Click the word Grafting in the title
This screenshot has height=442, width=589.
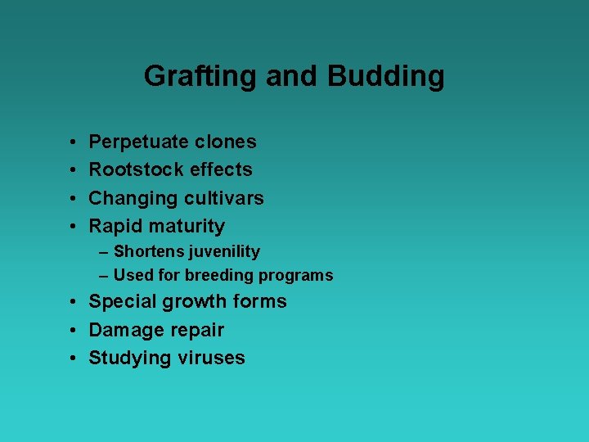(x=200, y=77)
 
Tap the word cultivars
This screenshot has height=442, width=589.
(x=224, y=198)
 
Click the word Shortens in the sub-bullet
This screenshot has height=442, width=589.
(x=148, y=252)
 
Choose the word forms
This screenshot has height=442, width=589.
(x=259, y=301)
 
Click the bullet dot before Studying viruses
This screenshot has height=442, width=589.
(x=74, y=359)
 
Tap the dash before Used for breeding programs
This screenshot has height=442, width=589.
(x=105, y=276)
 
